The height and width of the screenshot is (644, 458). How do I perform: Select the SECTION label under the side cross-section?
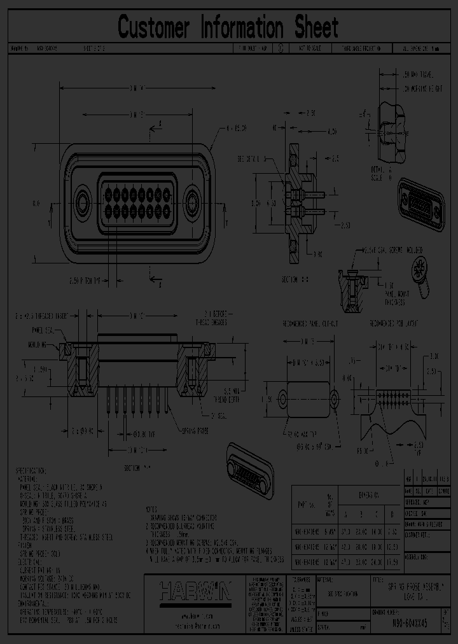[x=296, y=279]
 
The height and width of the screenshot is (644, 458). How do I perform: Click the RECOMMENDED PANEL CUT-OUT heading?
[x=310, y=324]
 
